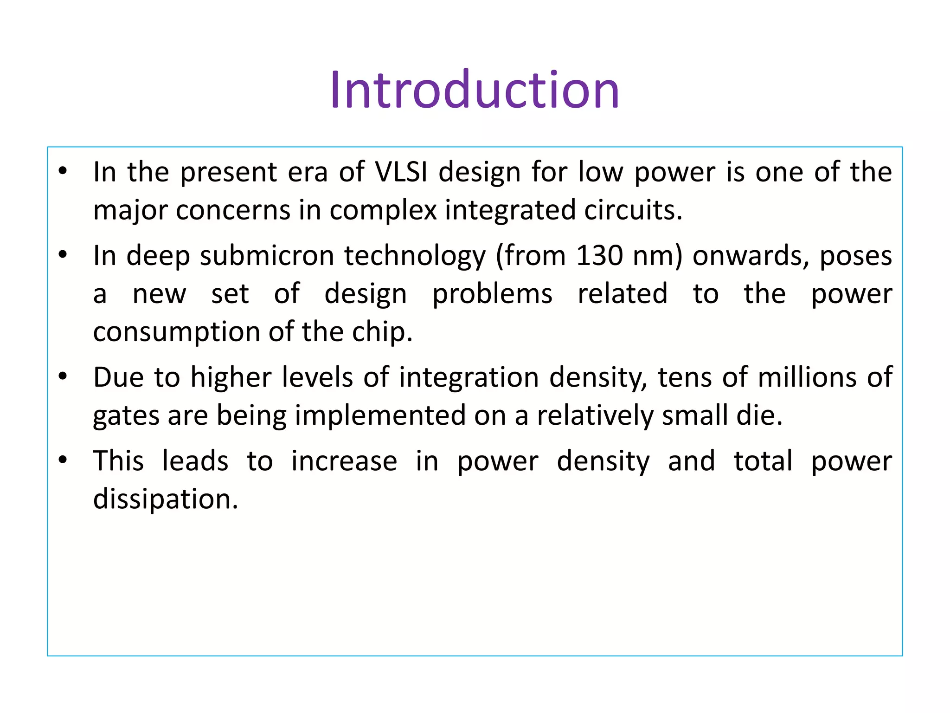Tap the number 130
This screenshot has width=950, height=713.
(599, 255)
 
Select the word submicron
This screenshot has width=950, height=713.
(267, 255)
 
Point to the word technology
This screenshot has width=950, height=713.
(415, 256)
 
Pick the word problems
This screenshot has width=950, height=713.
(492, 294)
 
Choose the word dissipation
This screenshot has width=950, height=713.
(165, 499)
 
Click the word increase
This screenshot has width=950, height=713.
(344, 461)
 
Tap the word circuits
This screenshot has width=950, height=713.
(633, 210)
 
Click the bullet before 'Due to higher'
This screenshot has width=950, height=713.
(63, 376)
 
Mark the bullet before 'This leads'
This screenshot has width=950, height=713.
(63, 460)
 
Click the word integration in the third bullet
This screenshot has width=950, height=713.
(469, 378)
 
